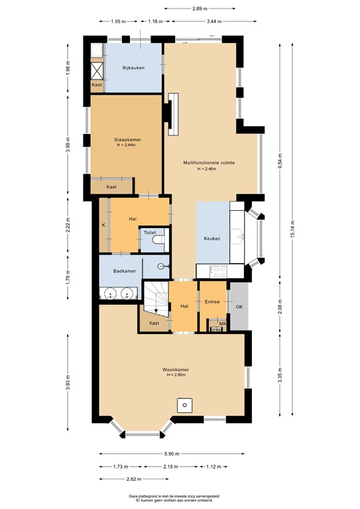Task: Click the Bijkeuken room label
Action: pos(133,68)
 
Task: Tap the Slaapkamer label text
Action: pos(127,140)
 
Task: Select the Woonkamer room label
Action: pos(176,369)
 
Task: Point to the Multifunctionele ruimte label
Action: pos(210,162)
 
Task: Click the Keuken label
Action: pos(211,239)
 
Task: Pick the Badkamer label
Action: pos(125,271)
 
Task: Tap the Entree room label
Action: pos(212,302)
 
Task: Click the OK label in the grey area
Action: pos(239,306)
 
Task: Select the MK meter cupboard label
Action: pos(222,324)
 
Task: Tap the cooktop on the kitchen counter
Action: pos(219,270)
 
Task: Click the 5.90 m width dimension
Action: pos(175,454)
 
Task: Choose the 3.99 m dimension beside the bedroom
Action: pos(68,146)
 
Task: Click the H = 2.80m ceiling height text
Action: pos(176,376)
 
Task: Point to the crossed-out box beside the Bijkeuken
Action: pos(97,70)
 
